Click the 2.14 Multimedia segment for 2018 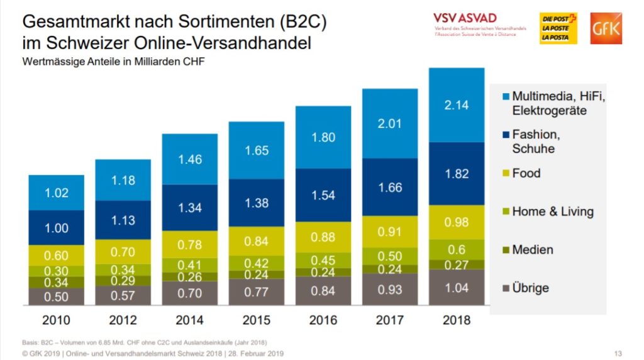click(x=457, y=105)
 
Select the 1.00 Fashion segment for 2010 click(x=57, y=228)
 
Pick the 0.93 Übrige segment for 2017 click(x=390, y=290)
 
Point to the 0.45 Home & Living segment click(x=323, y=260)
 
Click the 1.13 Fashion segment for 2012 click(x=123, y=220)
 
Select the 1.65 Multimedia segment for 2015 click(x=257, y=150)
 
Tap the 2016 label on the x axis click(x=323, y=320)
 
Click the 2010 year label click(x=57, y=320)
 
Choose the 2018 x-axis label click(x=457, y=320)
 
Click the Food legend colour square click(x=504, y=173)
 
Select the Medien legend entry click(x=532, y=250)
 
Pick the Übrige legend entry click(x=530, y=288)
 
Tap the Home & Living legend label click(x=552, y=211)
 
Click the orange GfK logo click(x=606, y=29)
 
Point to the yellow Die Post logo click(x=558, y=29)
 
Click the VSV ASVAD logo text click(x=465, y=18)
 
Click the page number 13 click(x=618, y=353)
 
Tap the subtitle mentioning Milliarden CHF click(x=114, y=62)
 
